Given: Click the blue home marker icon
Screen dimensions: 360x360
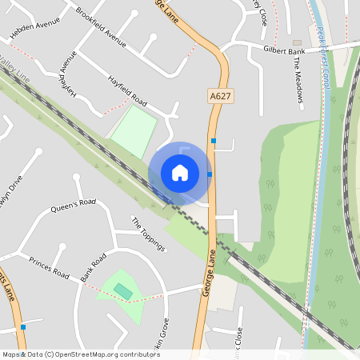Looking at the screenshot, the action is click(x=180, y=172).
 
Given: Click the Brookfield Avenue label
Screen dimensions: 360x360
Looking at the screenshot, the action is click(x=102, y=26).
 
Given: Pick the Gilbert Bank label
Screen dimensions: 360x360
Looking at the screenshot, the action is click(x=285, y=49).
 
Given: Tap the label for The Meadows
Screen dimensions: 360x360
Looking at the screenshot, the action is click(x=298, y=80).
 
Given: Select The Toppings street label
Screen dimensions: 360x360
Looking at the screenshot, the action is click(x=148, y=234).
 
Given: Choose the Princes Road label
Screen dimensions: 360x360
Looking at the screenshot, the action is click(x=50, y=267).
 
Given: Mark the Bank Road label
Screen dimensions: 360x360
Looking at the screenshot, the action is click(x=94, y=269).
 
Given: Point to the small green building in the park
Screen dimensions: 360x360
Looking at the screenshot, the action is click(x=122, y=291).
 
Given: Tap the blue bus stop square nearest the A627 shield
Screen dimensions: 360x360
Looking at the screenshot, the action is click(x=213, y=141).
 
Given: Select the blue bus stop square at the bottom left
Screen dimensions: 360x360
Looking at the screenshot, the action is click(x=23, y=327).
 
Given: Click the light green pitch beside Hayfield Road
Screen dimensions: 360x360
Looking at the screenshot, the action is click(x=134, y=130).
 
